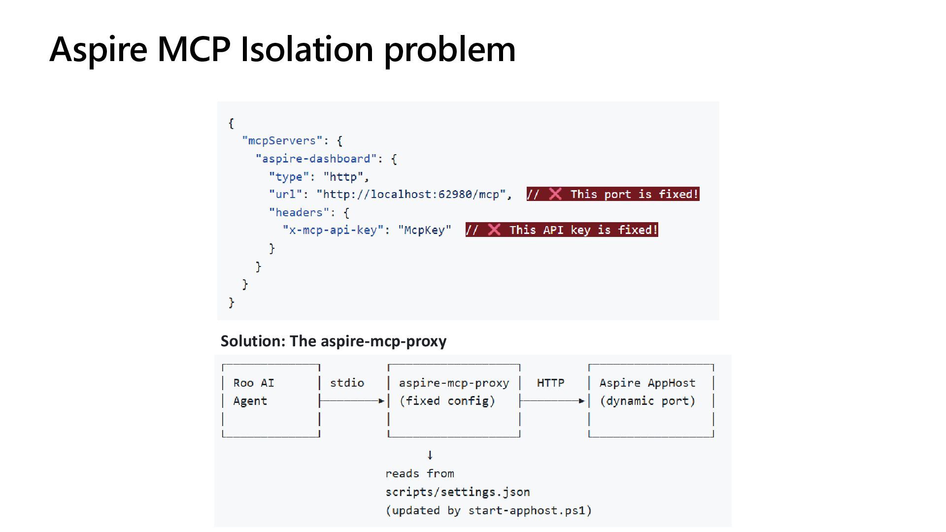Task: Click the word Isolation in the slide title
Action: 306,49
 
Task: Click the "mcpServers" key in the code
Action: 282,141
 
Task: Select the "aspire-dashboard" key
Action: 316,159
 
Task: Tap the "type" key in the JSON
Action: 288,176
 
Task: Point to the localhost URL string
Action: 411,194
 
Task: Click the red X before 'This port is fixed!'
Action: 555,194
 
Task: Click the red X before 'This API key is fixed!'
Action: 494,230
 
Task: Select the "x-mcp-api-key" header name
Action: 333,230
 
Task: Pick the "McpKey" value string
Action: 424,230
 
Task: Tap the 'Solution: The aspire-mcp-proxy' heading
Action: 334,341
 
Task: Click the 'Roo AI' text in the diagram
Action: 253,383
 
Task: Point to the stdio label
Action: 347,383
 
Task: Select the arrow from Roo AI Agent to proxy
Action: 352,401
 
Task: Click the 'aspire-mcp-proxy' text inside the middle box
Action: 454,383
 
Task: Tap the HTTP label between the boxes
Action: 550,383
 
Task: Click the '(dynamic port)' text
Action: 647,401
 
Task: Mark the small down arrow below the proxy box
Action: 430,455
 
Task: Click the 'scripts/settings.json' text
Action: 457,492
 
